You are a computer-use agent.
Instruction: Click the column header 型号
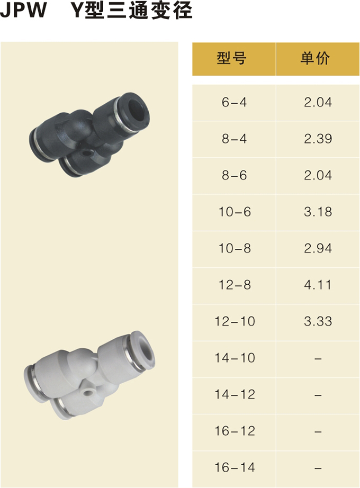tap(231, 59)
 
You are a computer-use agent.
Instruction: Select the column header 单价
tap(315, 59)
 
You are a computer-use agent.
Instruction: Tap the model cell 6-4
tap(234, 102)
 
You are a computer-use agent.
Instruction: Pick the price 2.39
tap(318, 139)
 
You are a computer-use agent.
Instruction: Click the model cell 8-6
tap(234, 176)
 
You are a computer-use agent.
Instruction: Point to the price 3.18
tap(318, 212)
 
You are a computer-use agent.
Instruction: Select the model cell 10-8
tap(235, 248)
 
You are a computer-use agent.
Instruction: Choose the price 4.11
tap(317, 285)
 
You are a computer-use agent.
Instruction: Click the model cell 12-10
tap(235, 321)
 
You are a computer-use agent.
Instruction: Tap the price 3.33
tap(318, 321)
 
